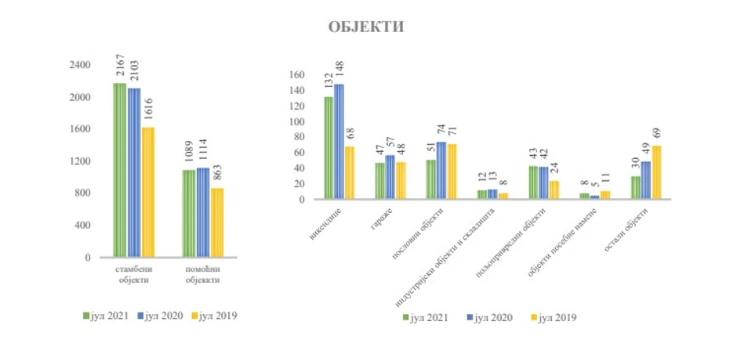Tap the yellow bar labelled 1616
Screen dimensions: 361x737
[x=148, y=192]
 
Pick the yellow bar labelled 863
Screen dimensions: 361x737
[x=216, y=222]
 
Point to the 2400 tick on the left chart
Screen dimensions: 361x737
[x=81, y=65]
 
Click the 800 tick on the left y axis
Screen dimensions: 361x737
[x=83, y=193]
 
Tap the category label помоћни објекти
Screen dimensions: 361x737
[x=201, y=273]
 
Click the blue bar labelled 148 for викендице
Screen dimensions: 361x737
[x=339, y=142]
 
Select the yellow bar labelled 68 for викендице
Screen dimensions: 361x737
[x=349, y=173]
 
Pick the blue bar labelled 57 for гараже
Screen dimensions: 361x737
[x=390, y=177]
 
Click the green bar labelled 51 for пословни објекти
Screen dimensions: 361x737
[x=430, y=179]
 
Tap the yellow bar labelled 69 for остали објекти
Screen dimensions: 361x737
[x=656, y=172]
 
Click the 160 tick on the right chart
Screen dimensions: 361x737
[x=295, y=75]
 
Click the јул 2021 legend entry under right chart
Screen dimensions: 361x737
[x=426, y=318]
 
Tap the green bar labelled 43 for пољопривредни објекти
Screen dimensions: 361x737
[x=533, y=182]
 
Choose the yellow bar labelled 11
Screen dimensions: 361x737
[x=605, y=195]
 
